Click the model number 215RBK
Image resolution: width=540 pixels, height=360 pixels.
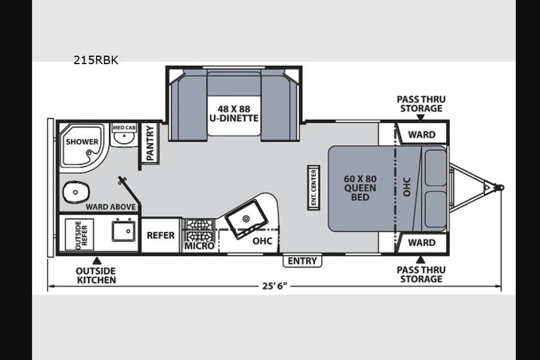click(x=96, y=60)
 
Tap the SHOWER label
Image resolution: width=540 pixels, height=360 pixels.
click(x=82, y=142)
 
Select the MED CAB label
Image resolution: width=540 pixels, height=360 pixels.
click(x=124, y=128)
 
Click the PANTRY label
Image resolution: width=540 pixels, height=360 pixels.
click(x=150, y=143)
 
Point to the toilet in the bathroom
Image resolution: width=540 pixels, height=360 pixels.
click(x=76, y=192)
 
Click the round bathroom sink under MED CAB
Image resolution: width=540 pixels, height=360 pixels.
click(x=124, y=138)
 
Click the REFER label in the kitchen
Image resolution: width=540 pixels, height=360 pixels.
click(x=160, y=235)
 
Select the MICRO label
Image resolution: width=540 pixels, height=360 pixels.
click(x=199, y=246)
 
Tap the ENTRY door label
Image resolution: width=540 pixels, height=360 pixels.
click(x=303, y=261)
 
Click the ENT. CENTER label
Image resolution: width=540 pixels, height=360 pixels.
click(x=313, y=188)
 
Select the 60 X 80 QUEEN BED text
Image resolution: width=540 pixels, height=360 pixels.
click(x=360, y=188)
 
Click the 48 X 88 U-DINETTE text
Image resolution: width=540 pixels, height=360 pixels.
click(x=234, y=114)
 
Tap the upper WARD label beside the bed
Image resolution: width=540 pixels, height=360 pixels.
click(x=422, y=134)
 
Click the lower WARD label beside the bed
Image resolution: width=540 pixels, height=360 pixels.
click(x=422, y=242)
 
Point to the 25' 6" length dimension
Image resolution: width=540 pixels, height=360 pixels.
click(x=274, y=286)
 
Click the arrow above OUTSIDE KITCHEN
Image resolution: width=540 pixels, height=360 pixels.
click(x=97, y=260)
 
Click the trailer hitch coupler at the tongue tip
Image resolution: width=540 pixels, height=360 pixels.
click(x=499, y=188)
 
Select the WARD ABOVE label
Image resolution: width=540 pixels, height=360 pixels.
click(x=111, y=206)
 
